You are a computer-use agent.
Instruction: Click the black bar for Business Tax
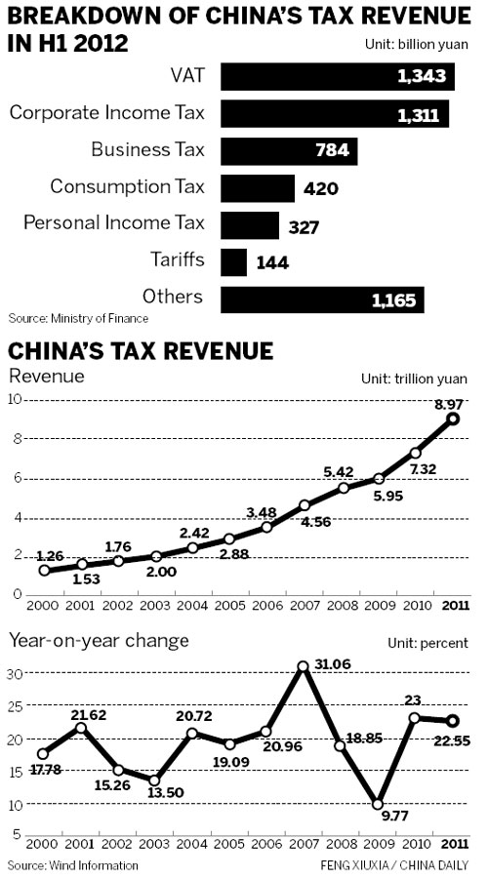pyautogui.click(x=289, y=151)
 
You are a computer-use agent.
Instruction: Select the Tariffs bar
pyautogui.click(x=234, y=262)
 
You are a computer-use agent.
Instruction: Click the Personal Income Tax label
pyautogui.click(x=114, y=223)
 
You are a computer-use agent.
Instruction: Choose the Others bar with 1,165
pyautogui.click(x=322, y=299)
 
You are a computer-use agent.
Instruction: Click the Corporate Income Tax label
pyautogui.click(x=107, y=113)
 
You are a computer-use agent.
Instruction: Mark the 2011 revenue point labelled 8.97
pyautogui.click(x=452, y=419)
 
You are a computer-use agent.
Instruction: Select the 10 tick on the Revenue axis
pyautogui.click(x=15, y=399)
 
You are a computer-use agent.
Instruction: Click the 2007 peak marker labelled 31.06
pyautogui.click(x=304, y=666)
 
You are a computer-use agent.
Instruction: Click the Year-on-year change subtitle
pyautogui.click(x=98, y=640)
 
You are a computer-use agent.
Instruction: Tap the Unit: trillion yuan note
pyautogui.click(x=415, y=379)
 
